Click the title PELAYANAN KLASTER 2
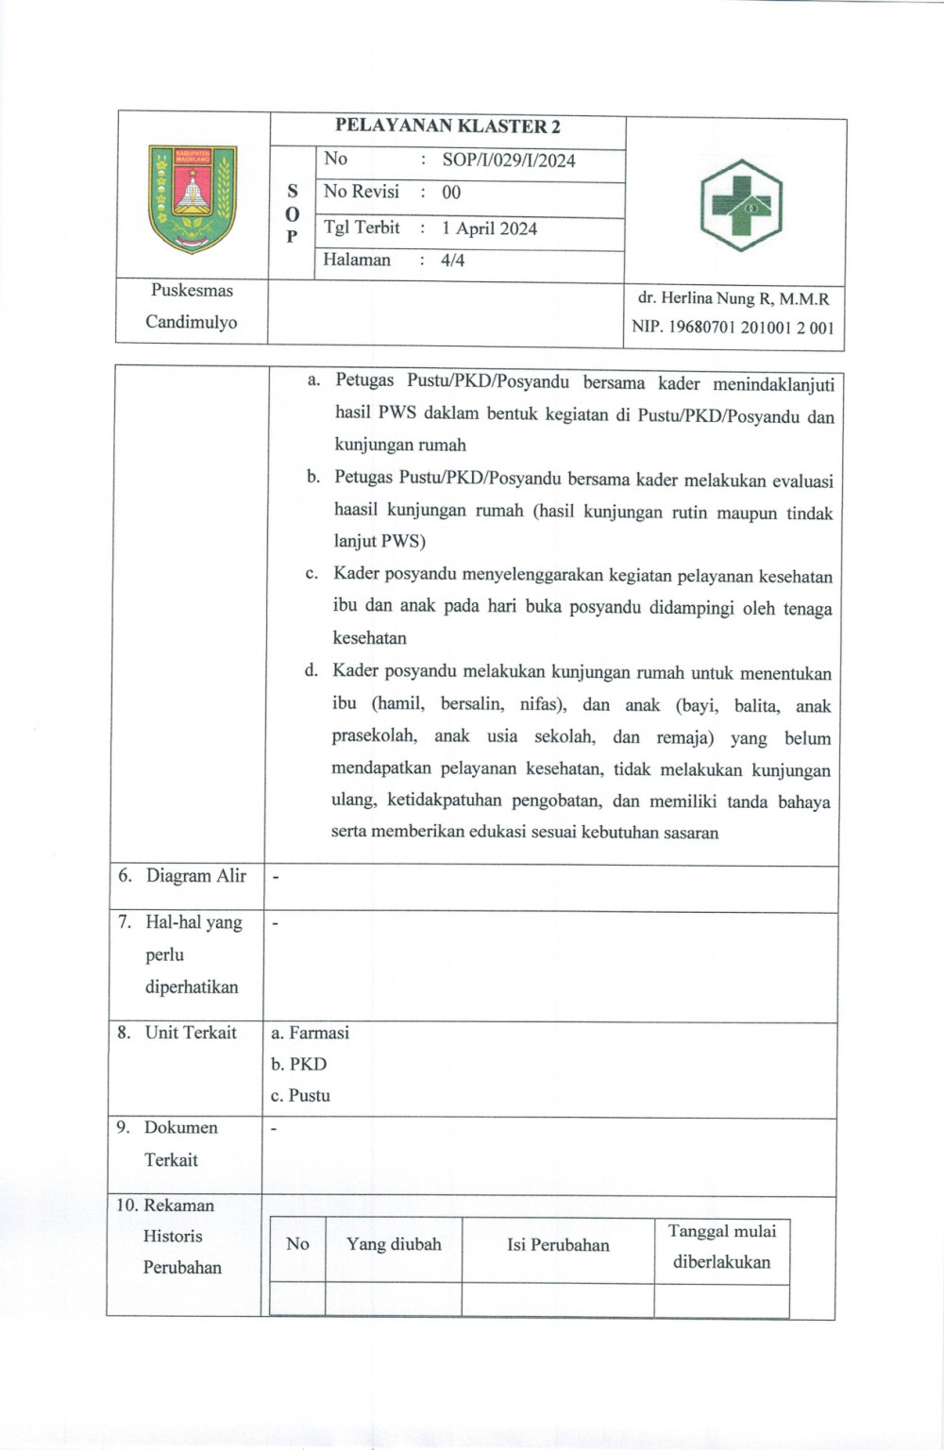pos(448,126)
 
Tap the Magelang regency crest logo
pos(193,198)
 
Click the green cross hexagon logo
pos(741,205)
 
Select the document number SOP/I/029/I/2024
pos(509,160)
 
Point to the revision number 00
pos(451,193)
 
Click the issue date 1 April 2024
pos(489,228)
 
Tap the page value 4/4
pos(453,261)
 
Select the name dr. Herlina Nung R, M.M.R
pos(733,298)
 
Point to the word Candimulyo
pos(192,322)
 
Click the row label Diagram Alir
pos(195,876)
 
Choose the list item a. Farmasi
pos(310,1033)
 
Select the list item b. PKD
pos(298,1064)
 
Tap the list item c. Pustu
pos(300,1096)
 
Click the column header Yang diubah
pos(394,1244)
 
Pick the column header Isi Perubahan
pos(558,1245)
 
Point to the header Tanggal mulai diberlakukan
pos(722,1246)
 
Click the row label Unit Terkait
pos(190,1033)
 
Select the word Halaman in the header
pos(357,260)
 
